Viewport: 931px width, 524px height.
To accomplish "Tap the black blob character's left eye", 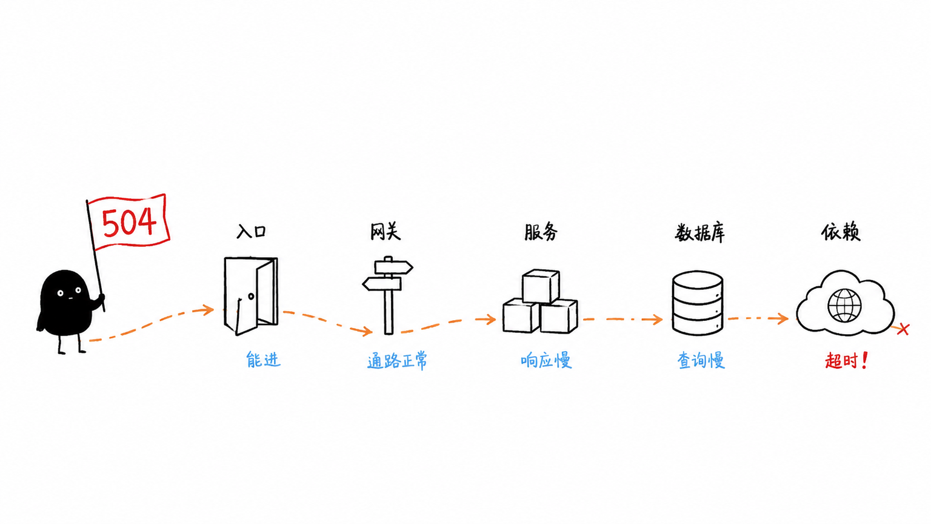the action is pyautogui.click(x=60, y=293).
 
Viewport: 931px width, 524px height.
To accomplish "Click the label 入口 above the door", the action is pyautogui.click(x=251, y=232).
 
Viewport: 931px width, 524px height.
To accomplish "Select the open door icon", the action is pyautogui.click(x=250, y=296).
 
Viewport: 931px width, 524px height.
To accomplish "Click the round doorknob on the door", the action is pyautogui.click(x=251, y=296).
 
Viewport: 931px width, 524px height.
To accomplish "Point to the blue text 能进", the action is pyautogui.click(x=263, y=359).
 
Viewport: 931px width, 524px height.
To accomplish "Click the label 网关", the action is pyautogui.click(x=385, y=232).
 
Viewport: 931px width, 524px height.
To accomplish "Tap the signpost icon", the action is pyautogui.click(x=388, y=295).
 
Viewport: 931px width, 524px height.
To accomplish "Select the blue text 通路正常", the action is pyautogui.click(x=398, y=361).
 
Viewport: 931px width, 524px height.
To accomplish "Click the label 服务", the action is pyautogui.click(x=541, y=232).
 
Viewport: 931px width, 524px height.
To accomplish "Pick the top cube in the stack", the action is pyautogui.click(x=540, y=286).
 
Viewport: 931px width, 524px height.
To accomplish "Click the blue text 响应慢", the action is pyautogui.click(x=546, y=360).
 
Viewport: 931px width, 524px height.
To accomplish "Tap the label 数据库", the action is pyautogui.click(x=700, y=233).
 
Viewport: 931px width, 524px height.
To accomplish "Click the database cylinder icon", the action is pyautogui.click(x=698, y=303).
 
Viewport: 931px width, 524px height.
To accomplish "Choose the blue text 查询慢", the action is pyautogui.click(x=701, y=361).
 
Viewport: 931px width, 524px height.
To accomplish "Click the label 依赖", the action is pyautogui.click(x=841, y=232).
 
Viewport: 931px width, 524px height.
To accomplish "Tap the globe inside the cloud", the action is pyautogui.click(x=844, y=306).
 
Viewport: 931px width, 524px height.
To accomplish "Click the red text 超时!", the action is pyautogui.click(x=846, y=361).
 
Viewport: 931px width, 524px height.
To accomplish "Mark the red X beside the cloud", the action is pyautogui.click(x=903, y=329).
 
